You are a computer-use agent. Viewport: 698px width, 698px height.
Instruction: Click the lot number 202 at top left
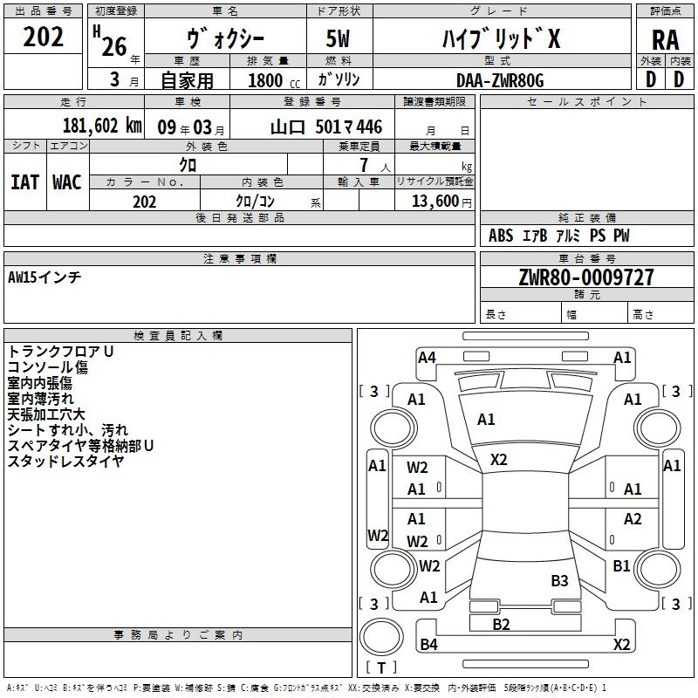coord(44,38)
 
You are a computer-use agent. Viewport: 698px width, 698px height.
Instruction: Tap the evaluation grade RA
coord(665,40)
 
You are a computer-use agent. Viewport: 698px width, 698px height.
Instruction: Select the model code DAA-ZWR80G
coord(500,80)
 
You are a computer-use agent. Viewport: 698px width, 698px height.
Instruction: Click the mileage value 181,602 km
coord(102,126)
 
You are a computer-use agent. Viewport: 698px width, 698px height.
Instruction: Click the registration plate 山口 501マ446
coord(325,127)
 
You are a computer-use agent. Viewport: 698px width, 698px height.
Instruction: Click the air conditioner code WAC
coord(67,181)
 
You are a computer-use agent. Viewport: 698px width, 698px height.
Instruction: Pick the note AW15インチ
coord(44,277)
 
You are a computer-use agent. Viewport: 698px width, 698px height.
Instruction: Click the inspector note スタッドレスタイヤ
coord(65,461)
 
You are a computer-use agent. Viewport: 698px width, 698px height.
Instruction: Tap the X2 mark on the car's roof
coord(498,460)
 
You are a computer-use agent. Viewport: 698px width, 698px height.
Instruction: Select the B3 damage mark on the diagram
coord(559,580)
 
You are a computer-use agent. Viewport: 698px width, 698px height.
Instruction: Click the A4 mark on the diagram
coord(427,357)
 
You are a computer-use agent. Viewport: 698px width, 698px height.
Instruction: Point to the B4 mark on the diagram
coord(428,645)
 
